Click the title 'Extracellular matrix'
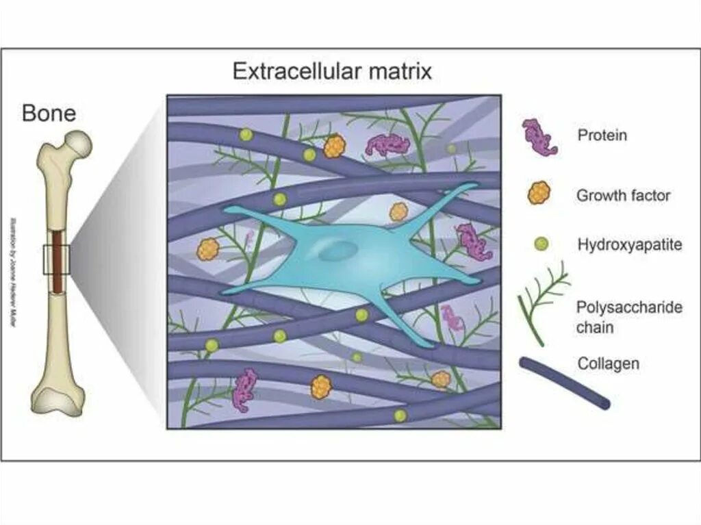[332, 71]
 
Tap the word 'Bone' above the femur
[49, 113]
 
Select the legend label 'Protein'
[602, 135]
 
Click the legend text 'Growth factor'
[623, 196]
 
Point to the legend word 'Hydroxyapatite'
[630, 244]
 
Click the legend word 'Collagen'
[609, 363]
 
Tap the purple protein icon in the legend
[539, 137]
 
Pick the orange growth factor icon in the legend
[539, 194]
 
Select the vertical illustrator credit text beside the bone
[13, 274]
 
